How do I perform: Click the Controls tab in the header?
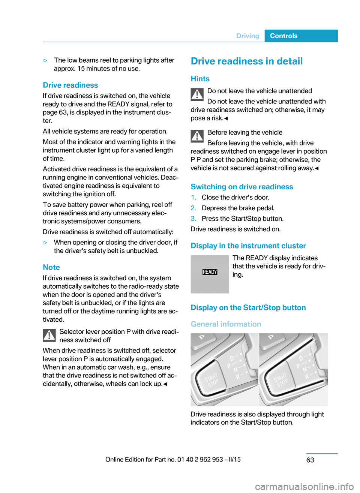[x=283, y=36]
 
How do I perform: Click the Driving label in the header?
[x=247, y=36]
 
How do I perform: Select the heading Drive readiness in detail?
[x=246, y=61]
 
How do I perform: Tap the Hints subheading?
[x=200, y=79]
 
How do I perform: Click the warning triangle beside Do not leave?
[x=197, y=94]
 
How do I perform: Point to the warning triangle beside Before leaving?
[x=197, y=136]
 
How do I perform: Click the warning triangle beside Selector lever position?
[x=49, y=335]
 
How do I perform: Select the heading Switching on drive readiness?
[x=241, y=187]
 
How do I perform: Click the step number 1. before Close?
[x=193, y=198]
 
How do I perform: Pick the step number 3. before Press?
[x=193, y=219]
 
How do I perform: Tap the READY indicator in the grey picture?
[x=210, y=272]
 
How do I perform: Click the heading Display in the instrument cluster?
[x=248, y=246]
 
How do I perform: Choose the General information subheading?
[x=226, y=324]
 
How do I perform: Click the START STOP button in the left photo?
[x=212, y=380]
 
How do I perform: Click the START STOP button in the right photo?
[x=281, y=380]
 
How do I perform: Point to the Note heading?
[x=51, y=267]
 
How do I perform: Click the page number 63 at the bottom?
[x=310, y=460]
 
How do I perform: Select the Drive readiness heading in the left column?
[x=70, y=85]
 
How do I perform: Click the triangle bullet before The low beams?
[x=45, y=60]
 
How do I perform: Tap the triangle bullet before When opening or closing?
[x=45, y=243]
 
